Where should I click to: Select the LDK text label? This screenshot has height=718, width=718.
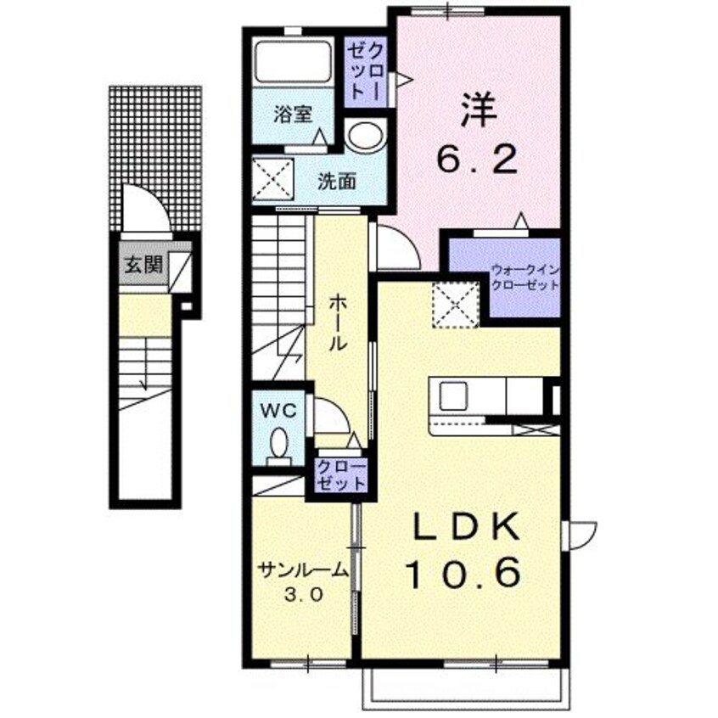466,530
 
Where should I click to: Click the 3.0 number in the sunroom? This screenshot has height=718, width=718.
303,595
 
